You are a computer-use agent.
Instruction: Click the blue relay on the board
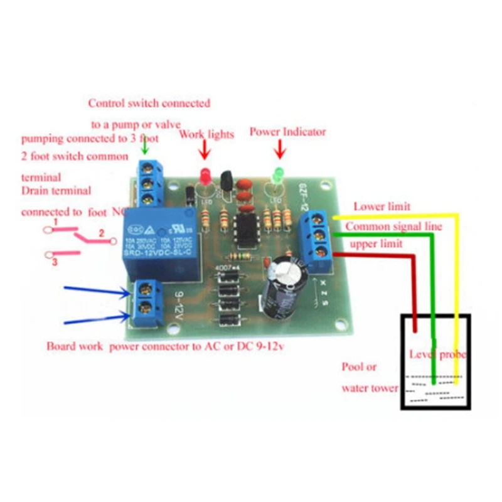[161, 241]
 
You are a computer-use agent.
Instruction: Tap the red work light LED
[203, 174]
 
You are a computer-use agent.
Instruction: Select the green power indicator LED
[277, 173]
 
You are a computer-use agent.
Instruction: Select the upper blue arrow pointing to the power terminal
[95, 293]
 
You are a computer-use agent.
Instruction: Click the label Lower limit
[382, 206]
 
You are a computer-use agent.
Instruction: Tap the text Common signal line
[394, 226]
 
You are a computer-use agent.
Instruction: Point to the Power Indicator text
[288, 132]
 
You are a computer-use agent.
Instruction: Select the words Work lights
[207, 134]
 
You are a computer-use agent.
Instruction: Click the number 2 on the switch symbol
[100, 233]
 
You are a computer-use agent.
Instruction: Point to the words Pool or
[359, 367]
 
